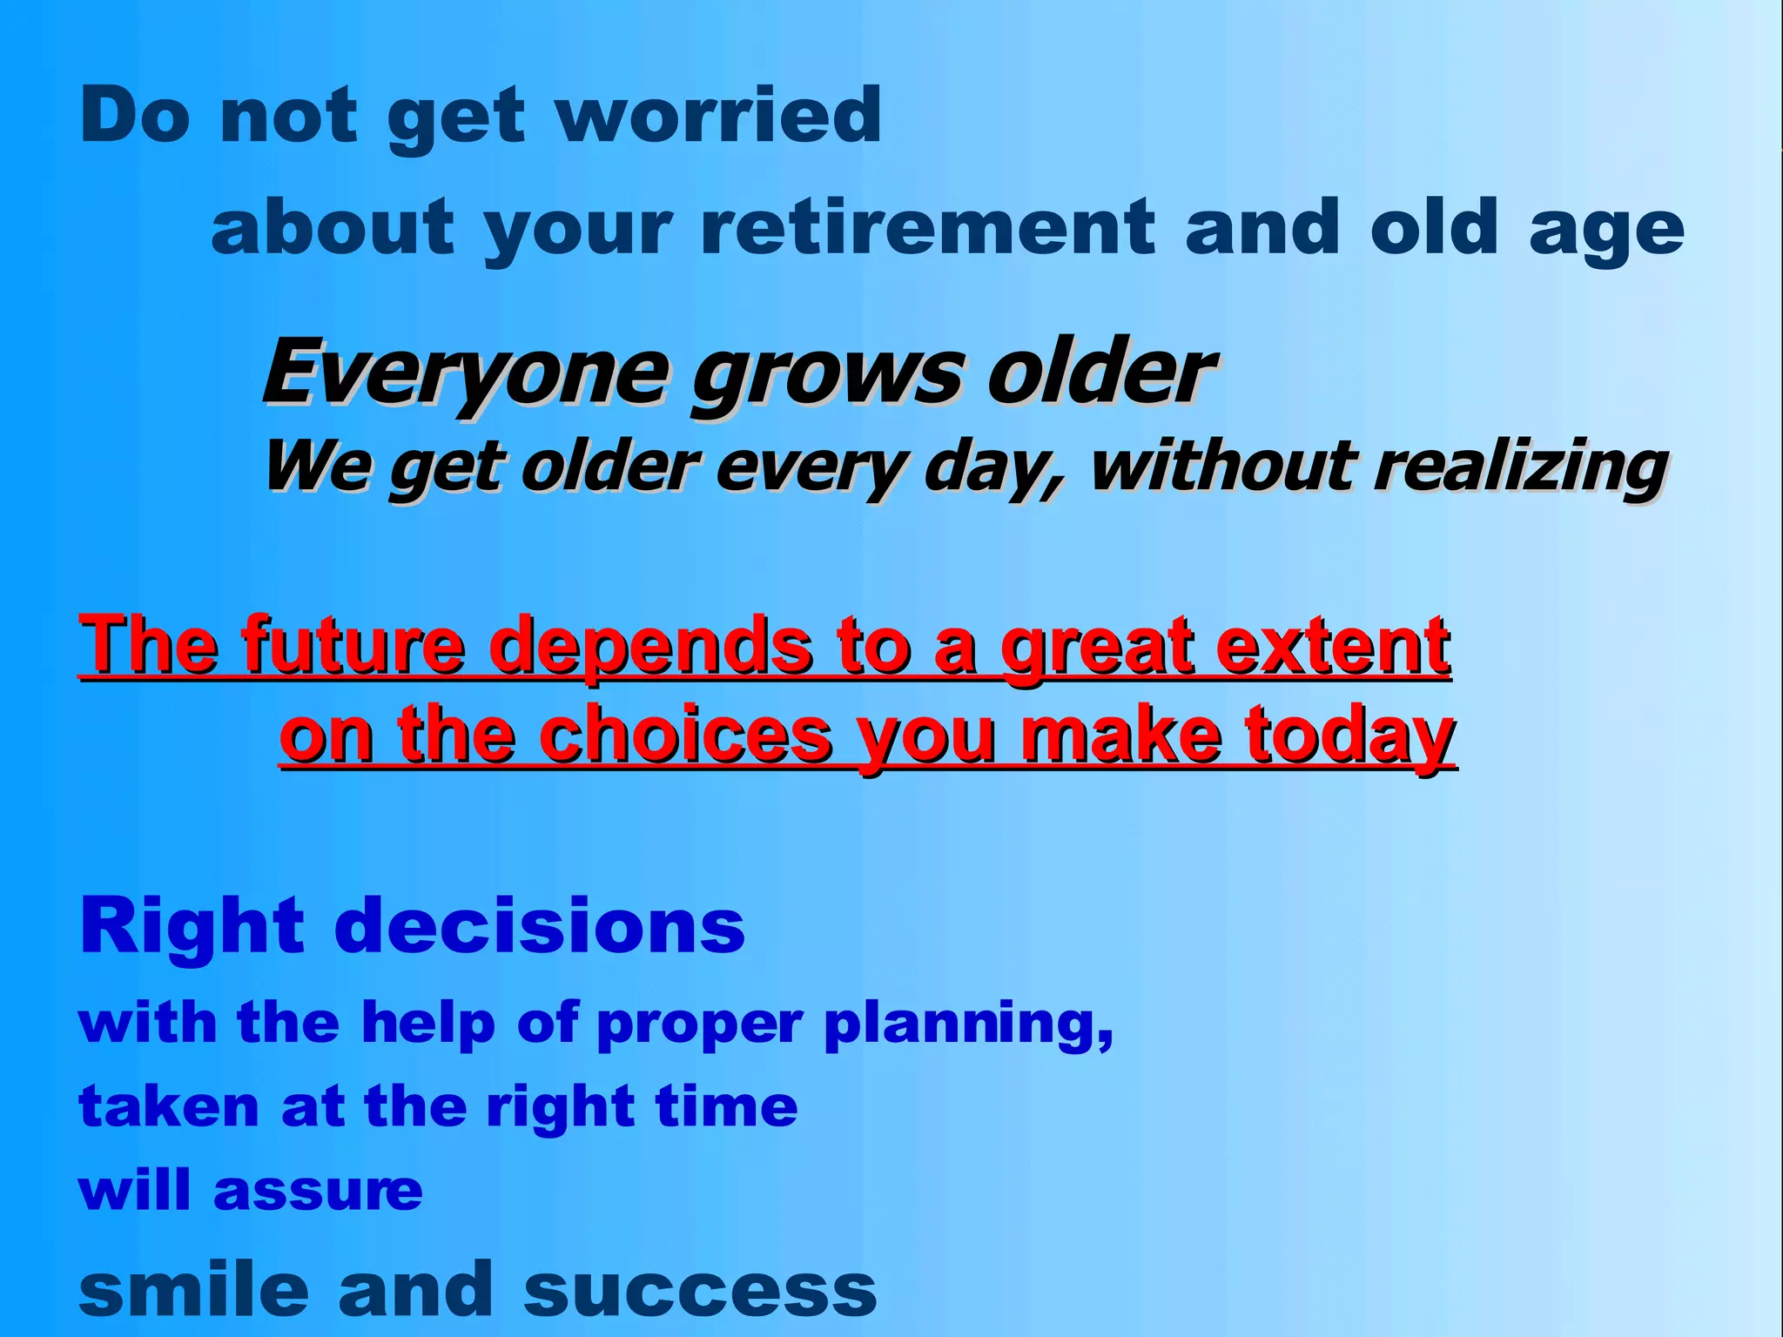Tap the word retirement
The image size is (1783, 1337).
point(927,228)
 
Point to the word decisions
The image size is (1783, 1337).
point(540,926)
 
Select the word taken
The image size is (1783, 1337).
point(169,1107)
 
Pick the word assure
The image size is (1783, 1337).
point(318,1191)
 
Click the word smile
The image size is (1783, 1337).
point(193,1290)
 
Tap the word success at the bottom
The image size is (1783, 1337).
point(700,1290)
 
